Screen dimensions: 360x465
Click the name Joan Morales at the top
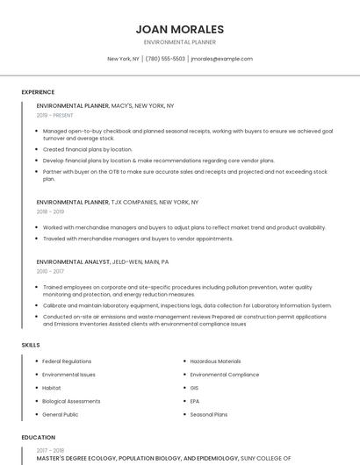click(180, 29)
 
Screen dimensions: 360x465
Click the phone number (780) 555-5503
click(165, 59)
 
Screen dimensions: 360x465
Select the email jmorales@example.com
click(221, 59)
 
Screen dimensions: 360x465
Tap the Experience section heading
click(38, 92)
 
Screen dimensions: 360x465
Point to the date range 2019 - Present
click(54, 115)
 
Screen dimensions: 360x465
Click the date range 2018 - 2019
click(50, 211)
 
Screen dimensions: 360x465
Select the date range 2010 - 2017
click(50, 271)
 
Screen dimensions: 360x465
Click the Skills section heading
click(31, 345)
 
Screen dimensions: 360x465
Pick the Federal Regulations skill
click(67, 361)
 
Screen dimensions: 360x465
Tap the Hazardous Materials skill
click(215, 361)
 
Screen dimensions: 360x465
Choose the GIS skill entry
click(195, 388)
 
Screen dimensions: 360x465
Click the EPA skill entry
click(195, 401)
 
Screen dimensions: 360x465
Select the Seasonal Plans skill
click(209, 414)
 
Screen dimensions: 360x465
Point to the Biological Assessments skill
click(71, 401)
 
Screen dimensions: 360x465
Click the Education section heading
click(38, 437)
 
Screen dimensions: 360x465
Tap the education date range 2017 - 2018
click(50, 450)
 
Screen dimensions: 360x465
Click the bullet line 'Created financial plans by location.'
click(88, 149)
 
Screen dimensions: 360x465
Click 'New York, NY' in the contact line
click(123, 59)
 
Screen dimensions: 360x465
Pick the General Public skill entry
click(61, 414)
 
